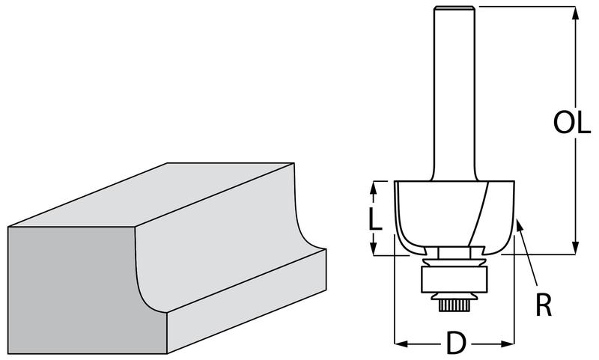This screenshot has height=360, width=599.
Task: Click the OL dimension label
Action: [x=572, y=123]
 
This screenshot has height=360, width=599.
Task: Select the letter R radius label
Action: [x=544, y=305]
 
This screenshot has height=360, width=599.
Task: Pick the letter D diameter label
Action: [x=456, y=344]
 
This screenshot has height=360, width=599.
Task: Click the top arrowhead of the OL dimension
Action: [x=575, y=13]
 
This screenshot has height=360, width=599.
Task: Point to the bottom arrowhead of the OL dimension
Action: [x=575, y=248]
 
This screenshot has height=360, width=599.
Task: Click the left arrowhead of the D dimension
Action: [x=401, y=344]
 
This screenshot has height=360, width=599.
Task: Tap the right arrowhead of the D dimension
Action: [x=508, y=344]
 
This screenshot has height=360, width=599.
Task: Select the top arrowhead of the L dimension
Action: [x=374, y=187]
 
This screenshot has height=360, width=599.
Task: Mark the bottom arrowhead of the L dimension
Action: [x=374, y=248]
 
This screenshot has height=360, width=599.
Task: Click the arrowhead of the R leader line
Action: [x=519, y=225]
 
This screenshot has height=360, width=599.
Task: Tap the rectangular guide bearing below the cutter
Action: [x=454, y=280]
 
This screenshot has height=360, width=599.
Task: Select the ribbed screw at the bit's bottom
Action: [x=454, y=305]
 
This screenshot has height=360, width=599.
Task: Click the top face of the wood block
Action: [x=151, y=195]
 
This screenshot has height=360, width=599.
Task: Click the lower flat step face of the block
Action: [x=246, y=302]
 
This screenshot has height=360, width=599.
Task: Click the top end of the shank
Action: [x=454, y=7]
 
